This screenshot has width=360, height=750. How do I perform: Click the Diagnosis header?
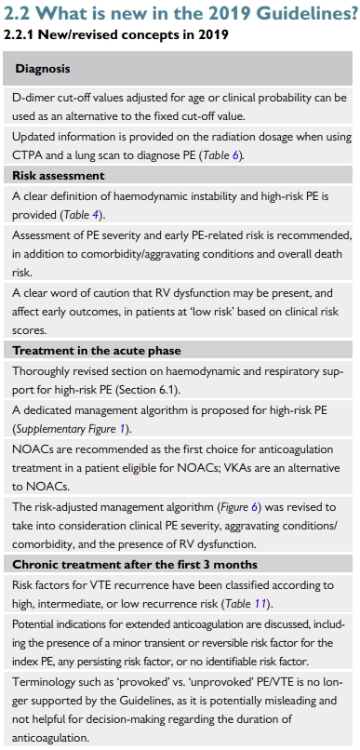click(42, 69)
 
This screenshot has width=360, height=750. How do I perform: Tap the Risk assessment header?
click(58, 175)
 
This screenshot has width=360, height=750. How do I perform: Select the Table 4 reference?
click(76, 215)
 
